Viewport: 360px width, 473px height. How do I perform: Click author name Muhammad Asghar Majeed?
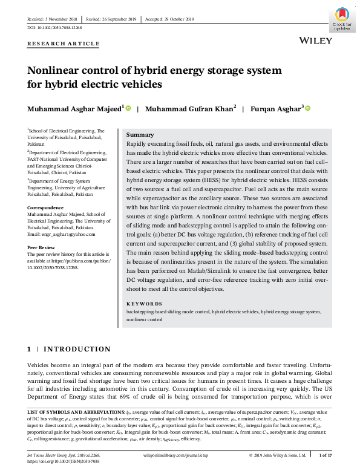75,109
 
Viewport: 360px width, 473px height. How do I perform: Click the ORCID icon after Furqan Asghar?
308,108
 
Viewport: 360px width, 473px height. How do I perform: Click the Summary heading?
140,134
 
